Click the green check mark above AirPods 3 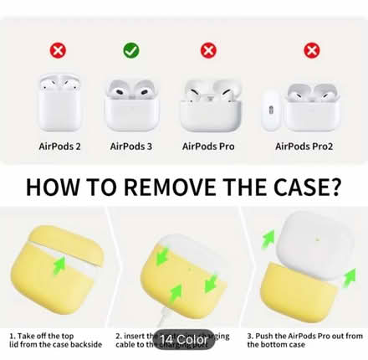coord(130,51)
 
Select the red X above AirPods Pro coord(208,51)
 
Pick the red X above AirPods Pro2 coord(312,51)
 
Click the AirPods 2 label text coord(60,146)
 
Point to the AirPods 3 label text coord(131,146)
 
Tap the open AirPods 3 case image coord(131,101)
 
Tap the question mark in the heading coord(333,184)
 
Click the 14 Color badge coord(184,341)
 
